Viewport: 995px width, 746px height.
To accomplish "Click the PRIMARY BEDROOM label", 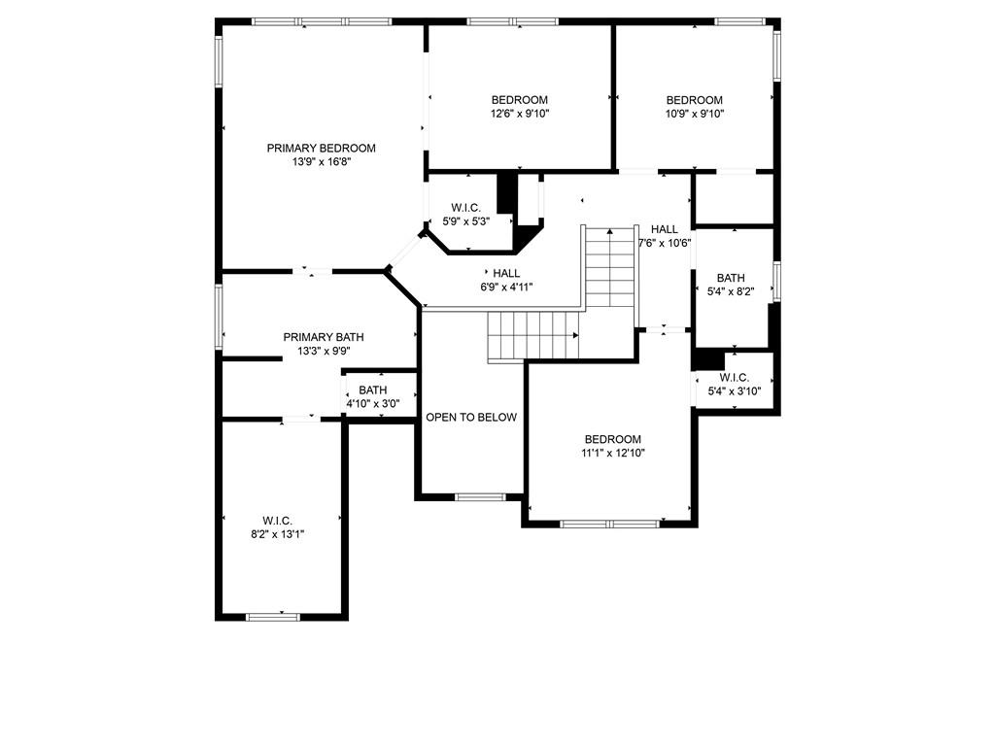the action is [x=321, y=148].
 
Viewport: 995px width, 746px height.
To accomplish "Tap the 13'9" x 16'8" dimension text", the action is [x=321, y=162].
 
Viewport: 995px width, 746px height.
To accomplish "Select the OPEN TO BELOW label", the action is [x=471, y=418].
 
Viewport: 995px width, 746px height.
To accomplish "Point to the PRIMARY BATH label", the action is [x=324, y=337].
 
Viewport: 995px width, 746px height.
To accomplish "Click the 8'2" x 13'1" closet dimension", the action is [x=278, y=534].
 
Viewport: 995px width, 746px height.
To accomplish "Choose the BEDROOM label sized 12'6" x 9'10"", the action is [x=520, y=100].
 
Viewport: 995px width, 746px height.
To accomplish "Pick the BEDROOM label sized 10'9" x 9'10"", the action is [x=694, y=100].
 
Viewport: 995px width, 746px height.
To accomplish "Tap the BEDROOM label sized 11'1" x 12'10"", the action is [x=613, y=439].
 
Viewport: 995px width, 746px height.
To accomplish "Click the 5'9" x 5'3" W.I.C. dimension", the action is [x=466, y=221].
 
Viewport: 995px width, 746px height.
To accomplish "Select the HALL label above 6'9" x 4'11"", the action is [x=506, y=273].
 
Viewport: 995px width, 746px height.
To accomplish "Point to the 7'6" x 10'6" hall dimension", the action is [x=665, y=242].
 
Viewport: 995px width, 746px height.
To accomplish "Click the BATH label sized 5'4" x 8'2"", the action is [x=731, y=278].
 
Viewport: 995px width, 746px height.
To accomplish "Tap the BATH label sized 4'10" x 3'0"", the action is [x=372, y=390].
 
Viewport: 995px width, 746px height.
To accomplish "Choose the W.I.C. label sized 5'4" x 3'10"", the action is [x=735, y=378].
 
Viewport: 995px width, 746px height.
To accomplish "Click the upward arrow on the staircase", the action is [x=610, y=232].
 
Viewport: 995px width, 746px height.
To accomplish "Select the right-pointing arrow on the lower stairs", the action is [x=575, y=335].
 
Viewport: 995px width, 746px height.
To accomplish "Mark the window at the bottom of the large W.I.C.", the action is [x=273, y=616].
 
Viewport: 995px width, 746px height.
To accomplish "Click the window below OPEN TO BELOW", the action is [x=480, y=496].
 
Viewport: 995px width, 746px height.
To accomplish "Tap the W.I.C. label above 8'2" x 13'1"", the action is [x=278, y=521].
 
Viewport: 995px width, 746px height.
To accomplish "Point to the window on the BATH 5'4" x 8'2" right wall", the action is [x=776, y=281].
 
